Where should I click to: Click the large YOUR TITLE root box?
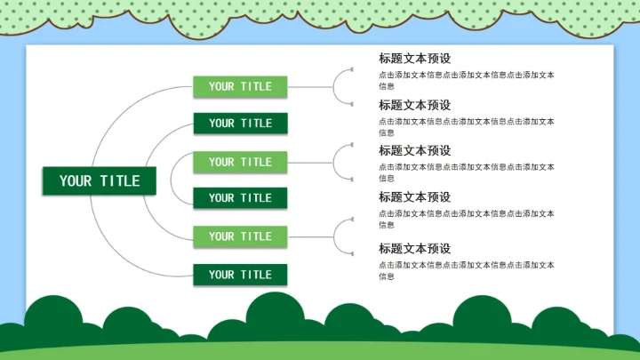click(100, 181)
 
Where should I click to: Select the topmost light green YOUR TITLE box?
click(240, 86)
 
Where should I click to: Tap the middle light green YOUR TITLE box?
click(240, 162)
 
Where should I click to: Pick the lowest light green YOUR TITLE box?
click(240, 236)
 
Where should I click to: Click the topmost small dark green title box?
click(240, 124)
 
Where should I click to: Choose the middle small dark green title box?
click(240, 198)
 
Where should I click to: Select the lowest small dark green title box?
click(240, 275)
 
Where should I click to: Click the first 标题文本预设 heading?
click(414, 59)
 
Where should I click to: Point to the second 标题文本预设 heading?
click(414, 105)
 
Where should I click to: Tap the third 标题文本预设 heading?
click(414, 151)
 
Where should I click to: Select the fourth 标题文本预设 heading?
click(414, 197)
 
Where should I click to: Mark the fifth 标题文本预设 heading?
click(414, 249)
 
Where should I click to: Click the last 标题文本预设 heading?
click(414, 249)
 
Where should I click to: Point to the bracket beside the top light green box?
click(341, 86)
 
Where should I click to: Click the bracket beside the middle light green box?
click(341, 162)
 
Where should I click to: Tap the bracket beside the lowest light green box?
click(341, 236)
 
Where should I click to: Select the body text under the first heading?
click(466, 80)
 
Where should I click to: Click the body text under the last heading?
click(466, 270)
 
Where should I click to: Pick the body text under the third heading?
click(466, 172)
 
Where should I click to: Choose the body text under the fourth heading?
click(466, 219)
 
